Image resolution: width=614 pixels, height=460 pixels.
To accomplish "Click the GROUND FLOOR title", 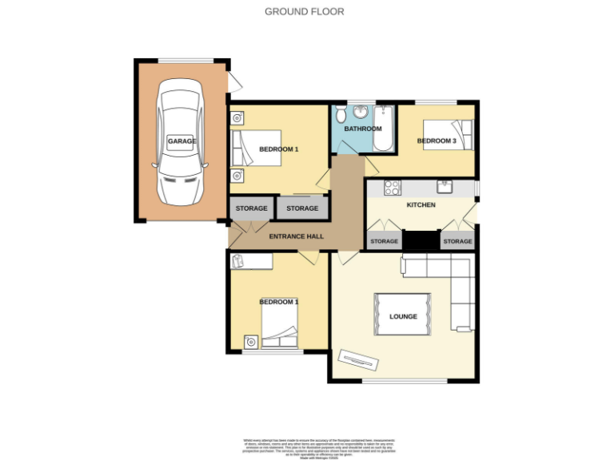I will click(x=305, y=12).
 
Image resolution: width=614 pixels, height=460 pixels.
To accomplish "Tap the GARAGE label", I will click(x=181, y=141).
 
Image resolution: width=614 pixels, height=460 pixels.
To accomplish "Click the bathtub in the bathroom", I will click(x=385, y=129).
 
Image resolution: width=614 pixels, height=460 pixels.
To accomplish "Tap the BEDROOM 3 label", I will click(x=437, y=141).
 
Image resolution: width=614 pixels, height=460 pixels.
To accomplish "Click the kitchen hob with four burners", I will click(x=393, y=188).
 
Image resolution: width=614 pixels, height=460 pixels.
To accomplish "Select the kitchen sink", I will click(x=446, y=187).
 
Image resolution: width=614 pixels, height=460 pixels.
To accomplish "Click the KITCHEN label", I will click(x=421, y=205).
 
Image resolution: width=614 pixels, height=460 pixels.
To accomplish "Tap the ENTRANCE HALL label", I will click(x=296, y=236).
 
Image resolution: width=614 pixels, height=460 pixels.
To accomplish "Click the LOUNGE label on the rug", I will click(x=403, y=316).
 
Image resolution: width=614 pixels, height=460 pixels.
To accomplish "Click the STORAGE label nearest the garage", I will click(x=251, y=208).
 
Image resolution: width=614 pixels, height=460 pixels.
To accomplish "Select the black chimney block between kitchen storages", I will click(x=421, y=240).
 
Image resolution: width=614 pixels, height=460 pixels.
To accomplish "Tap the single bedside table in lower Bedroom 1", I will click(x=252, y=342).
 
